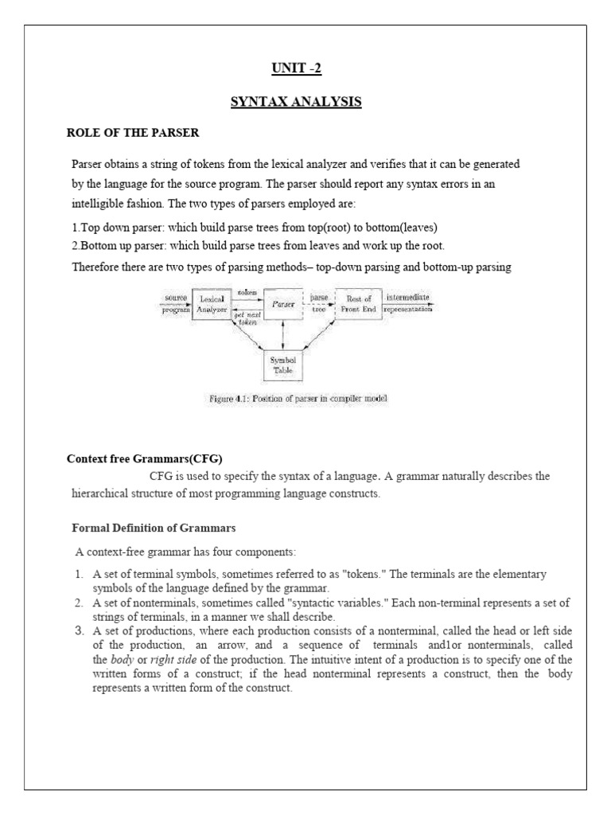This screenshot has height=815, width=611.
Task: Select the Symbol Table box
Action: point(284,366)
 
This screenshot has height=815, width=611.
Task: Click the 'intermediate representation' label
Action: point(410,303)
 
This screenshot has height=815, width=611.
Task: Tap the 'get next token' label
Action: point(246,318)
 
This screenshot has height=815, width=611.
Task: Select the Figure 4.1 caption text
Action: point(293,398)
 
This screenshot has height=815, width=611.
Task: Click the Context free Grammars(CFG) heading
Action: point(144,459)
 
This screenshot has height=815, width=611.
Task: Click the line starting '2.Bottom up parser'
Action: point(258,244)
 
